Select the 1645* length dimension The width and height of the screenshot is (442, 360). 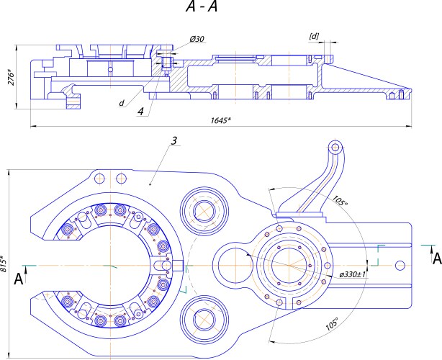point(220,120)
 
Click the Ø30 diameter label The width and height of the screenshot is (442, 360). point(197,38)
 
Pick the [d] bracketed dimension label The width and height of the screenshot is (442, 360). point(314,35)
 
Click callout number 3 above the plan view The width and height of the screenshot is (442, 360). point(175,140)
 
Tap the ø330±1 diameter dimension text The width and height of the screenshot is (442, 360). point(353,275)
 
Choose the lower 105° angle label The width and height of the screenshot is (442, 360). point(331,325)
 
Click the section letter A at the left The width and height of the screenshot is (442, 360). point(18,279)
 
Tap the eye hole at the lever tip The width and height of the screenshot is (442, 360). point(334,148)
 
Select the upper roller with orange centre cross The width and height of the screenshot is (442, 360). point(204,210)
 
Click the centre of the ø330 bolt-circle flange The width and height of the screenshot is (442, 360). point(292,264)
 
